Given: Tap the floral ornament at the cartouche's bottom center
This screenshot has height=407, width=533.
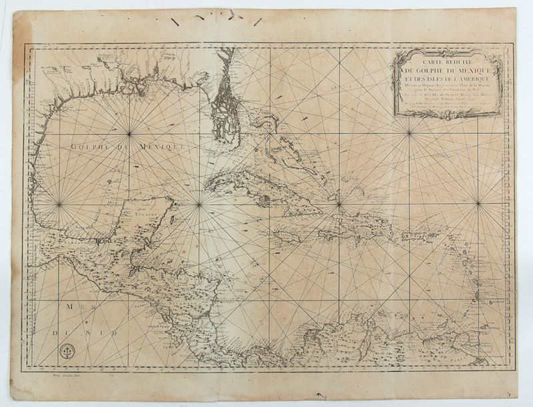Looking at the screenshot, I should point(447,115).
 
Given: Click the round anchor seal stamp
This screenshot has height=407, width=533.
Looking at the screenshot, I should point(65,351).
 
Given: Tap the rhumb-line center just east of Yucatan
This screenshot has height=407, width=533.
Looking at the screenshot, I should point(199,204).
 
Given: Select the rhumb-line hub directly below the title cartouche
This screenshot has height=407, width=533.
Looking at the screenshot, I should point(409,135).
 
